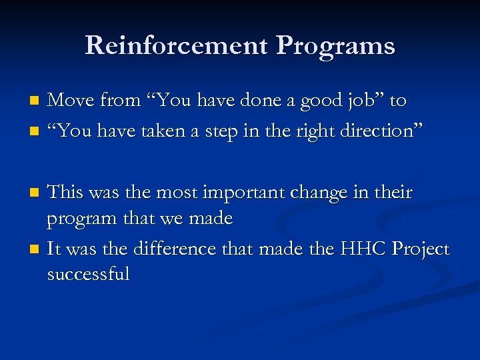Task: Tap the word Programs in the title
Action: (335, 45)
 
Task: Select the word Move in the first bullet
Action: (71, 101)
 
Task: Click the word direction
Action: (379, 131)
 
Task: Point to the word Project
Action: (420, 250)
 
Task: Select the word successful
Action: (88, 273)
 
